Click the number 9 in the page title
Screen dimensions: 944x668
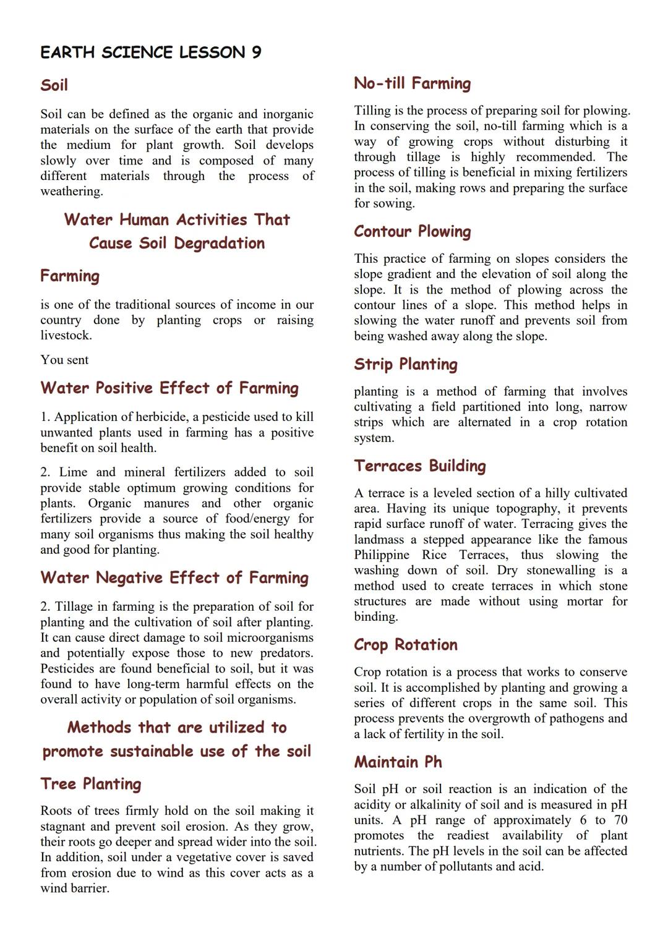[256, 53]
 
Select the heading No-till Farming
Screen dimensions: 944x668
[412, 83]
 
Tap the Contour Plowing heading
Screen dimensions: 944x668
[412, 232]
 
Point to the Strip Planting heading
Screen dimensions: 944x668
[405, 365]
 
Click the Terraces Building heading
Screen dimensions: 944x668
[419, 466]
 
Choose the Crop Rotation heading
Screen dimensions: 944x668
[405, 645]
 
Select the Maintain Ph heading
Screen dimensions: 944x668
[398, 762]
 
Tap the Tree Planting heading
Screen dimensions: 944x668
[90, 785]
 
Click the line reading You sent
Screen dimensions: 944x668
[64, 360]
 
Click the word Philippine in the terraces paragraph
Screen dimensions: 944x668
[382, 555]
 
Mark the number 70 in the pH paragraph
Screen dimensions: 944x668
[620, 820]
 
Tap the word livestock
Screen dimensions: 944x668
[66, 336]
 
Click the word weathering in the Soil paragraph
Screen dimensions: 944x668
[71, 192]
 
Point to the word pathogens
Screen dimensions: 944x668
[578, 719]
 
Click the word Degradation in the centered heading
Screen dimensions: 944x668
[219, 244]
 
